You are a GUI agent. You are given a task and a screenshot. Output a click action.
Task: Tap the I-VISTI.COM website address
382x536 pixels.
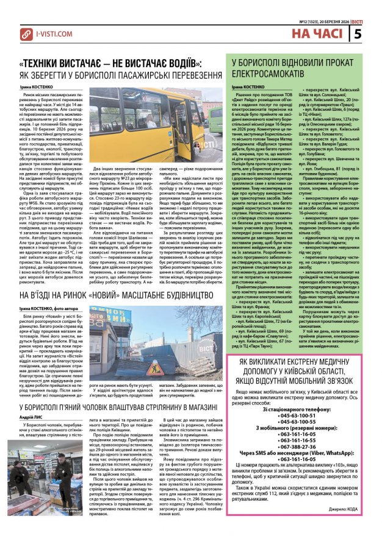pyautogui.click(x=54, y=34)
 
